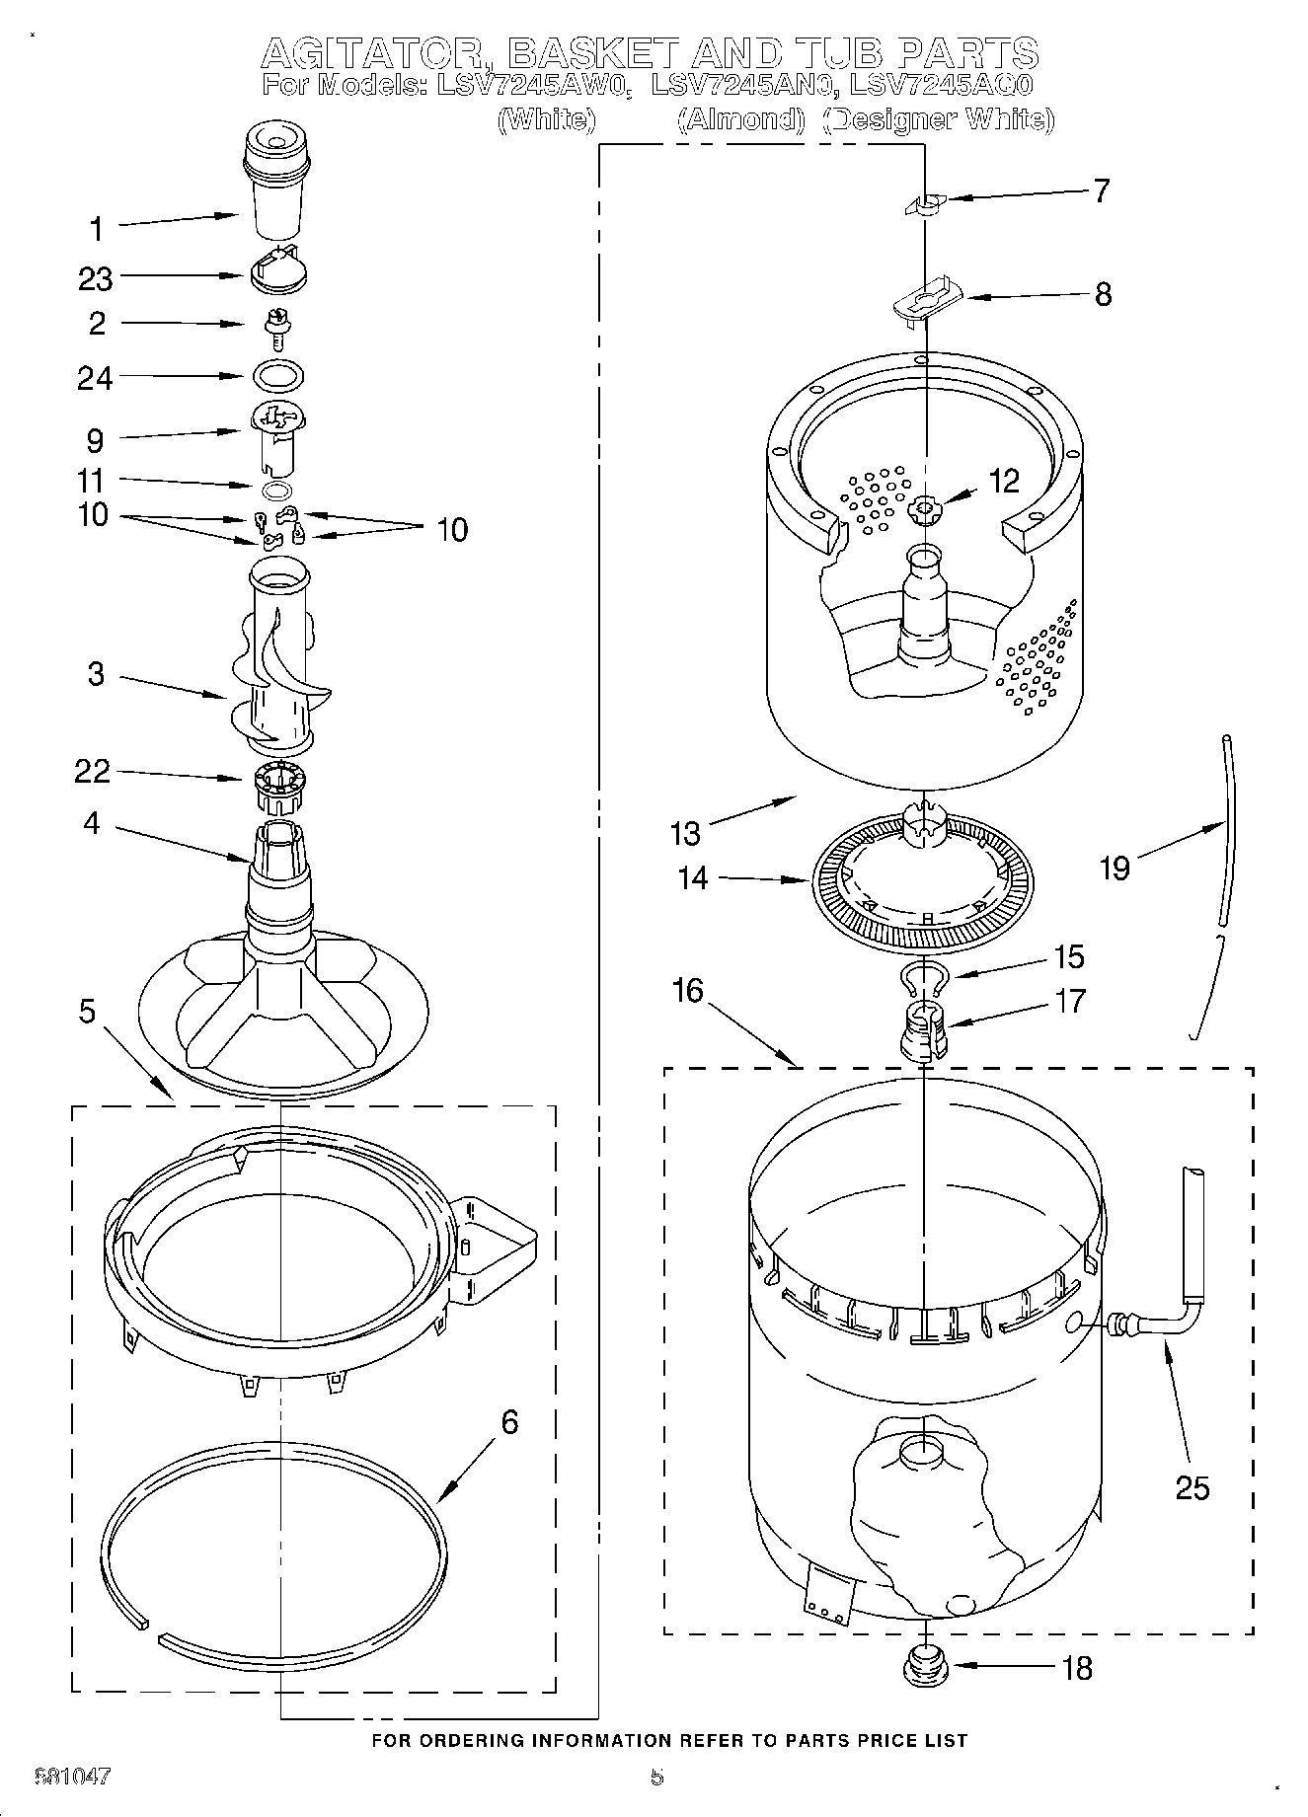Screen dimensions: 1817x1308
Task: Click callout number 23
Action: (96, 279)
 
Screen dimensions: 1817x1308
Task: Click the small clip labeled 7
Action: (923, 203)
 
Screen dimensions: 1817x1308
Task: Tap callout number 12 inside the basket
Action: (1003, 481)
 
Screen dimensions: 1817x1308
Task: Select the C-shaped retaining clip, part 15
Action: (925, 977)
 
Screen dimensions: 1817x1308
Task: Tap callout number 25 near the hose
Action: (1193, 1486)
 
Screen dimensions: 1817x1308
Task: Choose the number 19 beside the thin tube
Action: (1115, 868)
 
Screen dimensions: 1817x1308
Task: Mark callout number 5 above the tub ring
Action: (88, 1012)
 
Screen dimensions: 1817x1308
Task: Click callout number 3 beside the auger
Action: (96, 674)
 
